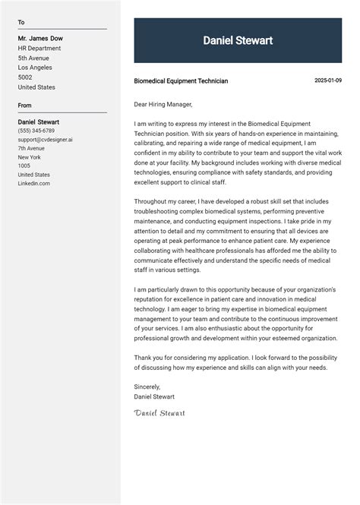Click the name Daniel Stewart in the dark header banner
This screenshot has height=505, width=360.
238,41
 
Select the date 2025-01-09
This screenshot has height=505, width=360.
328,80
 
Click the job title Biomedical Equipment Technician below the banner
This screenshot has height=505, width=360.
181,81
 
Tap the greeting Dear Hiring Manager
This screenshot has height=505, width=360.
163,104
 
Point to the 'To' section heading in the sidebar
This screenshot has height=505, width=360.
21,23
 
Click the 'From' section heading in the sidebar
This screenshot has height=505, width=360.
25,106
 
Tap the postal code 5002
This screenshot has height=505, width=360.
26,77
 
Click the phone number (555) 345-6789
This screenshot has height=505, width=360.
36,131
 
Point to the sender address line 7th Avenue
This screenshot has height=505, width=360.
31,148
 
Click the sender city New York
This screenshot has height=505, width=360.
30,157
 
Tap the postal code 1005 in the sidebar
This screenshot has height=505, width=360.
24,166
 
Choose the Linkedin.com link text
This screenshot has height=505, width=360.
34,183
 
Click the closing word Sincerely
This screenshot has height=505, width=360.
147,387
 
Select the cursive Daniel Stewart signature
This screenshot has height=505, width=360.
159,413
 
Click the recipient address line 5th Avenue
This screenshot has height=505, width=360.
34,58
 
